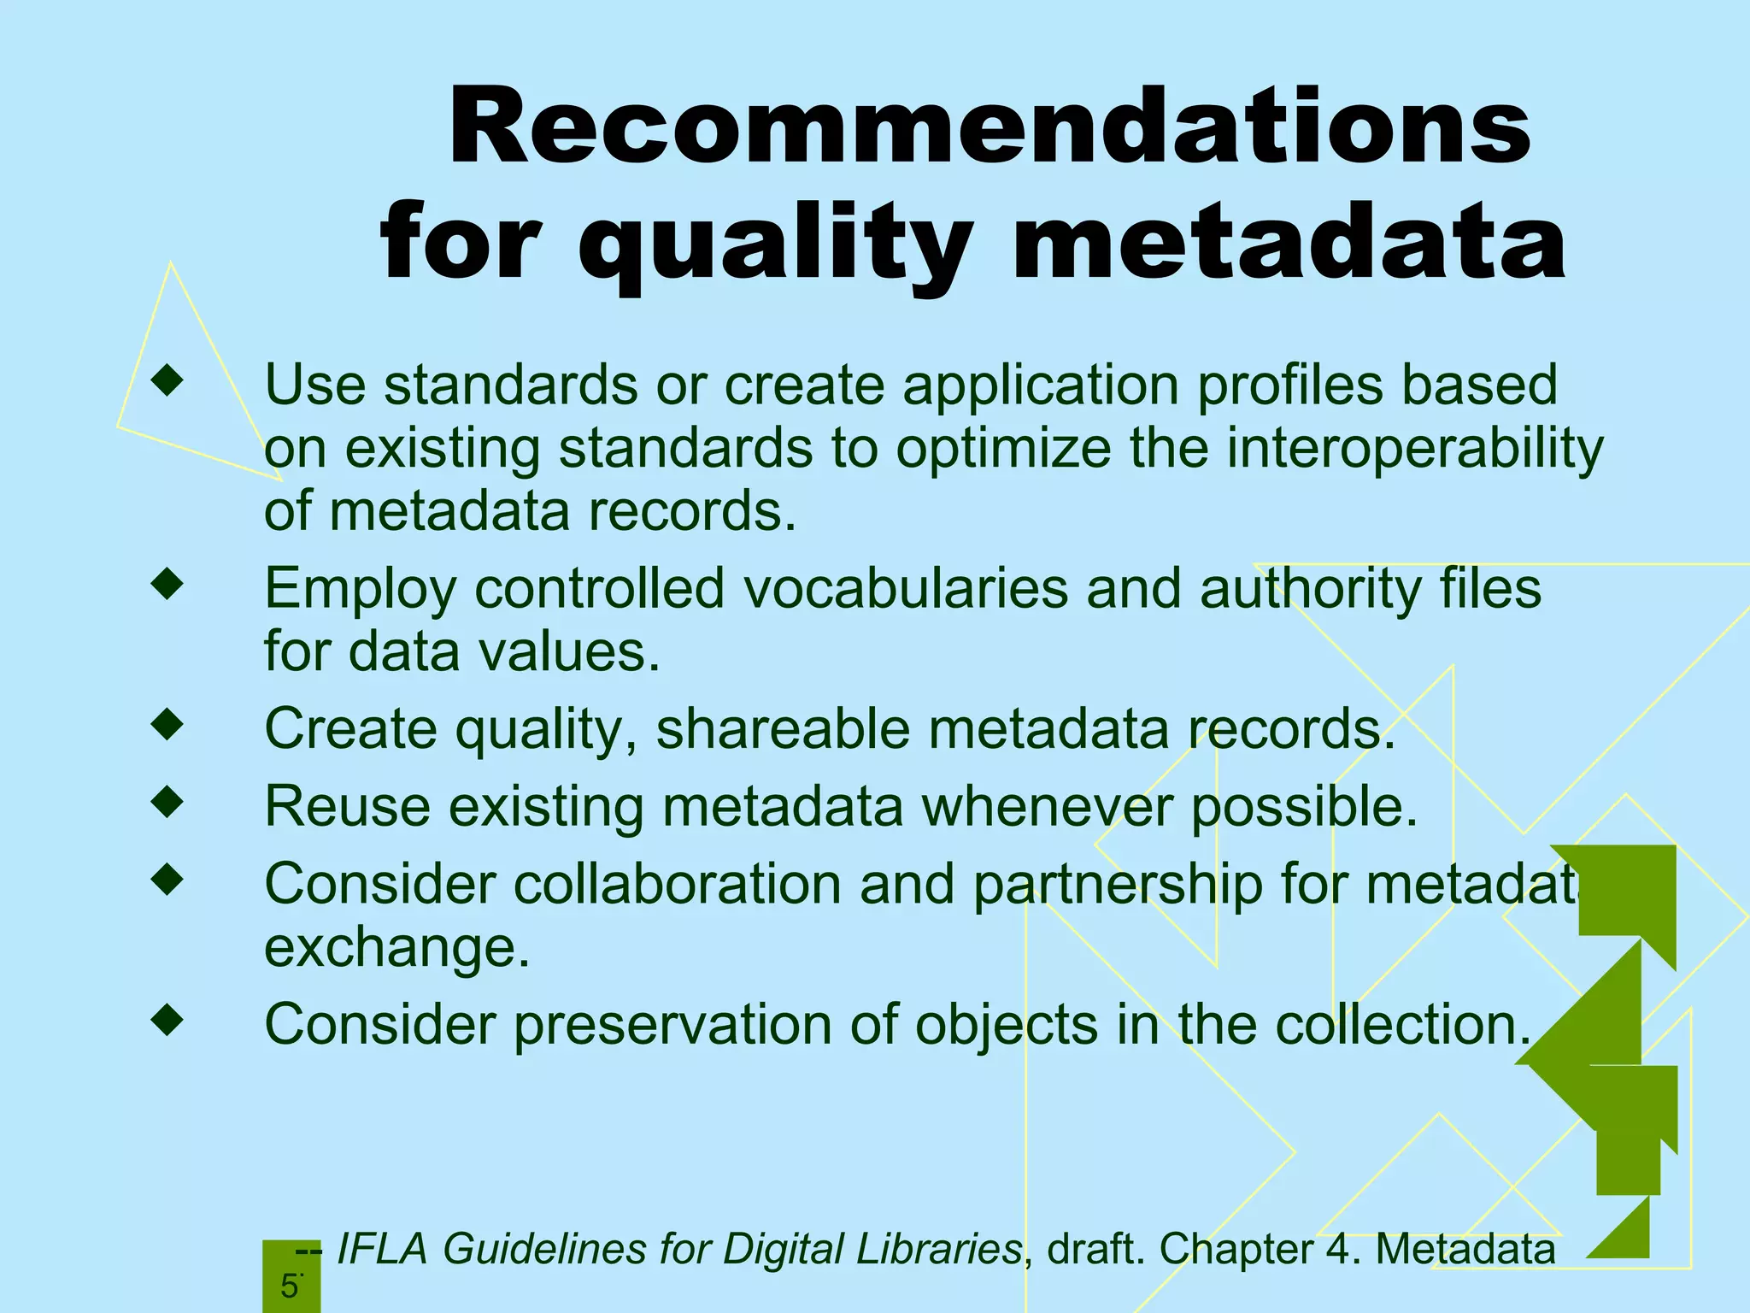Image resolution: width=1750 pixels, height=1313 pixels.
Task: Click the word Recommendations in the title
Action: coord(990,128)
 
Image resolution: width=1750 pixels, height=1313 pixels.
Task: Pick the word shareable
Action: coord(783,729)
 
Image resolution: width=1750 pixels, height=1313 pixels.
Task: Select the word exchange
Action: coord(396,947)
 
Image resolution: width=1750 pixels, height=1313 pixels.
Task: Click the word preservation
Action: coord(672,1024)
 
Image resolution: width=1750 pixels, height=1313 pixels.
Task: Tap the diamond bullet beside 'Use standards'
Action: coord(167,380)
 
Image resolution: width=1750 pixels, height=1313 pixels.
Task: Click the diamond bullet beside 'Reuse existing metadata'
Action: coord(167,802)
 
